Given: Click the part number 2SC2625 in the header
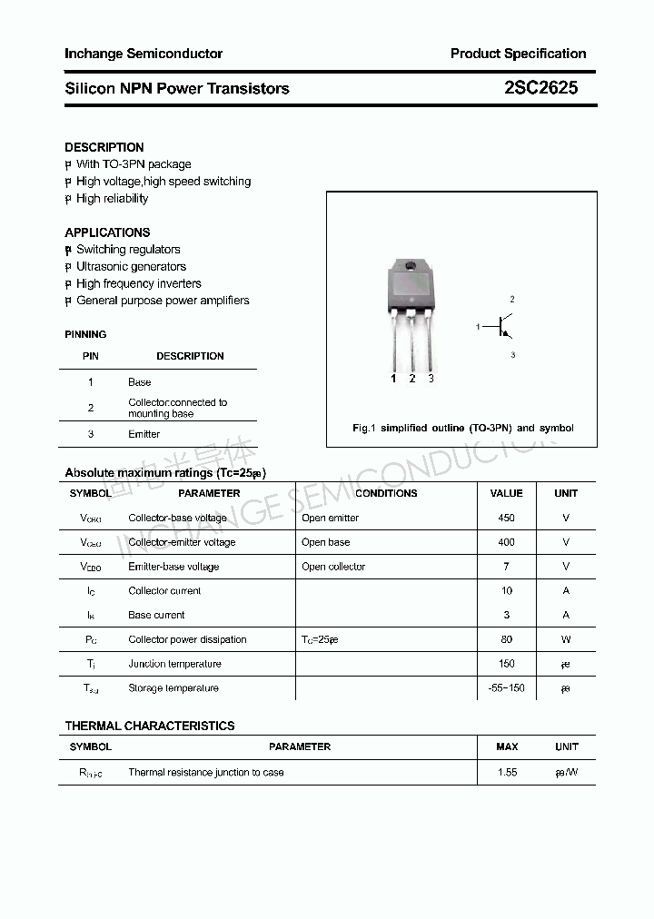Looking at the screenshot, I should point(540,88).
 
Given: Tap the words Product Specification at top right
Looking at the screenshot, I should point(518,54).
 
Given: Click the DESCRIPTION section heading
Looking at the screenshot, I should point(104,147).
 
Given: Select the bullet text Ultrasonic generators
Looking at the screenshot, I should point(131,267).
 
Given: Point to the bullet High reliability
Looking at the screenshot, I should point(112,199).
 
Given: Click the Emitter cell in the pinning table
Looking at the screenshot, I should point(144,434).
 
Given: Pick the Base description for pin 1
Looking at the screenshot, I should point(139,382).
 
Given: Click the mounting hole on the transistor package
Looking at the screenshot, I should point(411,267).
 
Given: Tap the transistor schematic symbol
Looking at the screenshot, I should point(501,326).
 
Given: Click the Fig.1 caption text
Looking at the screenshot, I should point(462,428).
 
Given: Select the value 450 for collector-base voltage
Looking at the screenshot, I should point(506,518).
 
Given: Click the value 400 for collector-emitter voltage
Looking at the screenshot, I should point(506,542).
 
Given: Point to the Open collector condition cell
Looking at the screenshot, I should point(333,567).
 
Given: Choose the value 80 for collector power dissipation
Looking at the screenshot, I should point(506,639).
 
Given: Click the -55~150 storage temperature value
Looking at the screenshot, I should point(506,688).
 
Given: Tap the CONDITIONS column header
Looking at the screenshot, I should point(386,493).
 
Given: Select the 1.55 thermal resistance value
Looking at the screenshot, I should point(507,772).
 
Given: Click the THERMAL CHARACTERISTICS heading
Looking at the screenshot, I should point(150,726).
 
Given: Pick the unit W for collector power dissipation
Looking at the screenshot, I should point(566,639).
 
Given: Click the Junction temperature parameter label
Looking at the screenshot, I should point(174,664).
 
